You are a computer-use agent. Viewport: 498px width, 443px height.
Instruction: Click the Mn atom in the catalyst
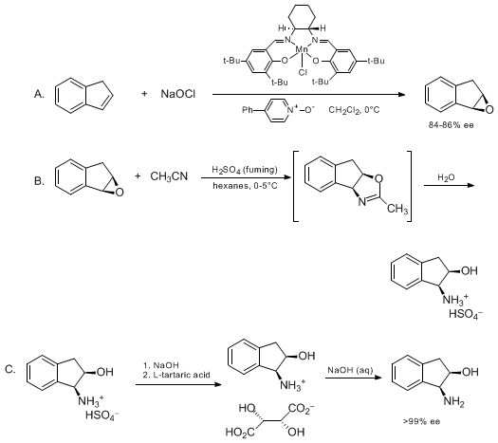click(x=302, y=49)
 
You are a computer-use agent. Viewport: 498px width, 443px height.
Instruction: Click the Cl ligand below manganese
click(x=303, y=73)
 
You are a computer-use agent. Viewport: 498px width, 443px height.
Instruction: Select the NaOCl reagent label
click(x=178, y=94)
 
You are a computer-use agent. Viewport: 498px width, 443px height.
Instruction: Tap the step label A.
click(x=39, y=94)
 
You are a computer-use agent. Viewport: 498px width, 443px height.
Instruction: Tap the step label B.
click(x=39, y=181)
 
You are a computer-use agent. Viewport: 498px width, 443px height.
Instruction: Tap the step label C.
click(x=10, y=370)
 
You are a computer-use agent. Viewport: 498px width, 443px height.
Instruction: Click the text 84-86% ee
click(x=451, y=125)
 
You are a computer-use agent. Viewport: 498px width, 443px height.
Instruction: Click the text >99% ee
click(x=422, y=421)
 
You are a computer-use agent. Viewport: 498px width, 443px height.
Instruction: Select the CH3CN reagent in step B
click(x=169, y=176)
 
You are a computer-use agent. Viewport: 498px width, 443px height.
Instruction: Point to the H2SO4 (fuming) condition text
click(x=245, y=170)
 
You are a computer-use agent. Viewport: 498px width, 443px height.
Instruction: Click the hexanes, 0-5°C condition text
click(x=245, y=186)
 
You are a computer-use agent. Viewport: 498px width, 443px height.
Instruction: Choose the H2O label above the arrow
click(x=446, y=177)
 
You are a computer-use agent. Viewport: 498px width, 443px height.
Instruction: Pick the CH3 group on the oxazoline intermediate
click(x=397, y=209)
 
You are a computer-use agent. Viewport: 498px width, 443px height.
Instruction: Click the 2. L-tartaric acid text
click(x=176, y=375)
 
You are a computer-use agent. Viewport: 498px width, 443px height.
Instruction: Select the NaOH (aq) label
click(x=350, y=370)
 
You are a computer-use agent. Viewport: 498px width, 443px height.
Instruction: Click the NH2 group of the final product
click(x=453, y=402)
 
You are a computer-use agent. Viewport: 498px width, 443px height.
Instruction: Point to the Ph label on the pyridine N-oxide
click(x=248, y=110)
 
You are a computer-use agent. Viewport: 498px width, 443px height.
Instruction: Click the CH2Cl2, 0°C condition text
click(x=354, y=110)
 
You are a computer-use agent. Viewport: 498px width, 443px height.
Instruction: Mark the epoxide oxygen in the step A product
click(x=489, y=110)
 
